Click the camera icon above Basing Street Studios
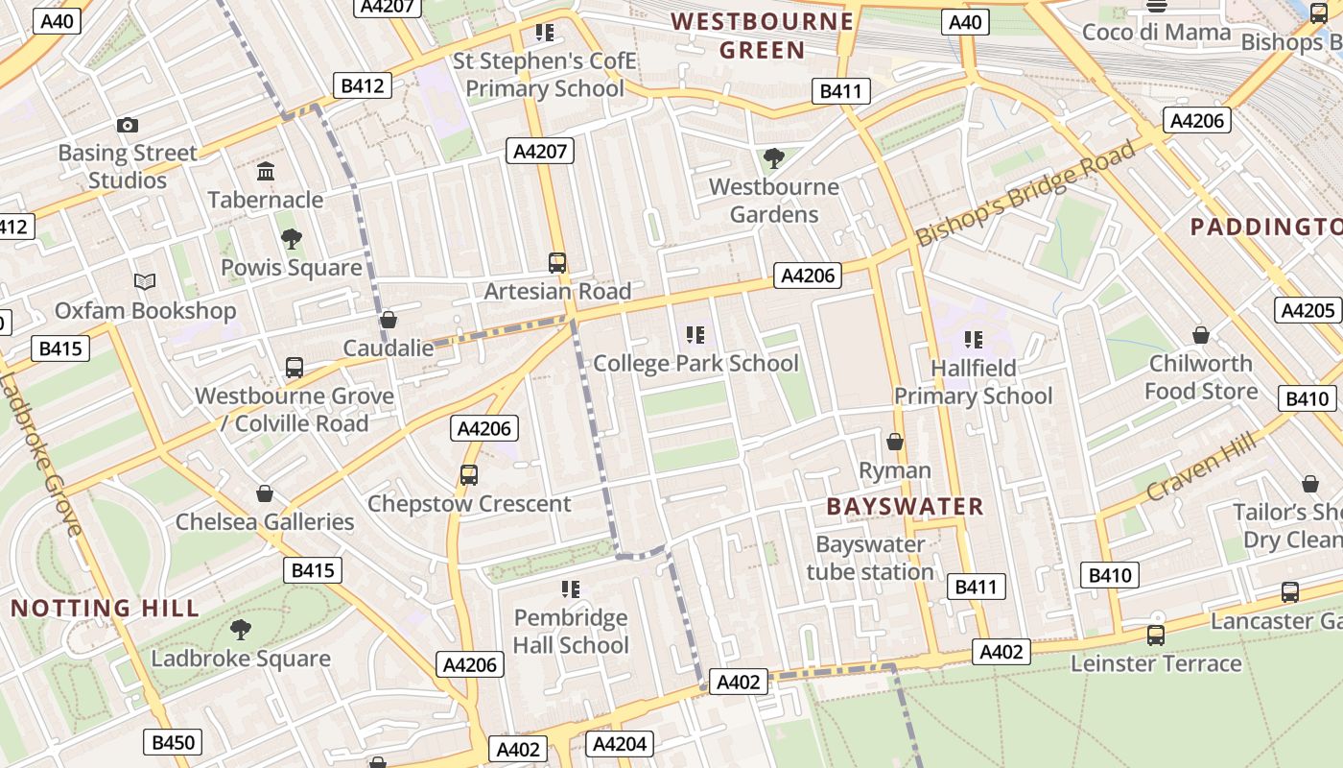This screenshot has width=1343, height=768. (128, 126)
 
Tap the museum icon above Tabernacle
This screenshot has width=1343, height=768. (266, 172)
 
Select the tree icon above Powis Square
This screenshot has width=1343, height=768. (291, 238)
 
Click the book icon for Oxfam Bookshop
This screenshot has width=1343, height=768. (145, 282)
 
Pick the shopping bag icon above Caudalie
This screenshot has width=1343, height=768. (389, 320)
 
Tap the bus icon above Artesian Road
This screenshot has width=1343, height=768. (556, 262)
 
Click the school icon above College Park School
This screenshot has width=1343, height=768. (695, 335)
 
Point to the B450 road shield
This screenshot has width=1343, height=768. (174, 742)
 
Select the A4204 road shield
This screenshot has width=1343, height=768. (621, 744)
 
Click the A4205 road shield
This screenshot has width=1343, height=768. (1308, 310)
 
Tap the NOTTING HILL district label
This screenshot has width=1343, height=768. (106, 608)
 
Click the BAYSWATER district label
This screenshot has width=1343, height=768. (905, 506)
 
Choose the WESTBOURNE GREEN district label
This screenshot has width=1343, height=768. (762, 36)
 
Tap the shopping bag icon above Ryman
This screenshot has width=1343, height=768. (895, 442)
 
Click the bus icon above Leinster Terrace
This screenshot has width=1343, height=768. (1156, 636)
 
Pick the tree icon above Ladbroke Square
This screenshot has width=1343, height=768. (241, 630)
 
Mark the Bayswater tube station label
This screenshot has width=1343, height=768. (870, 558)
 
